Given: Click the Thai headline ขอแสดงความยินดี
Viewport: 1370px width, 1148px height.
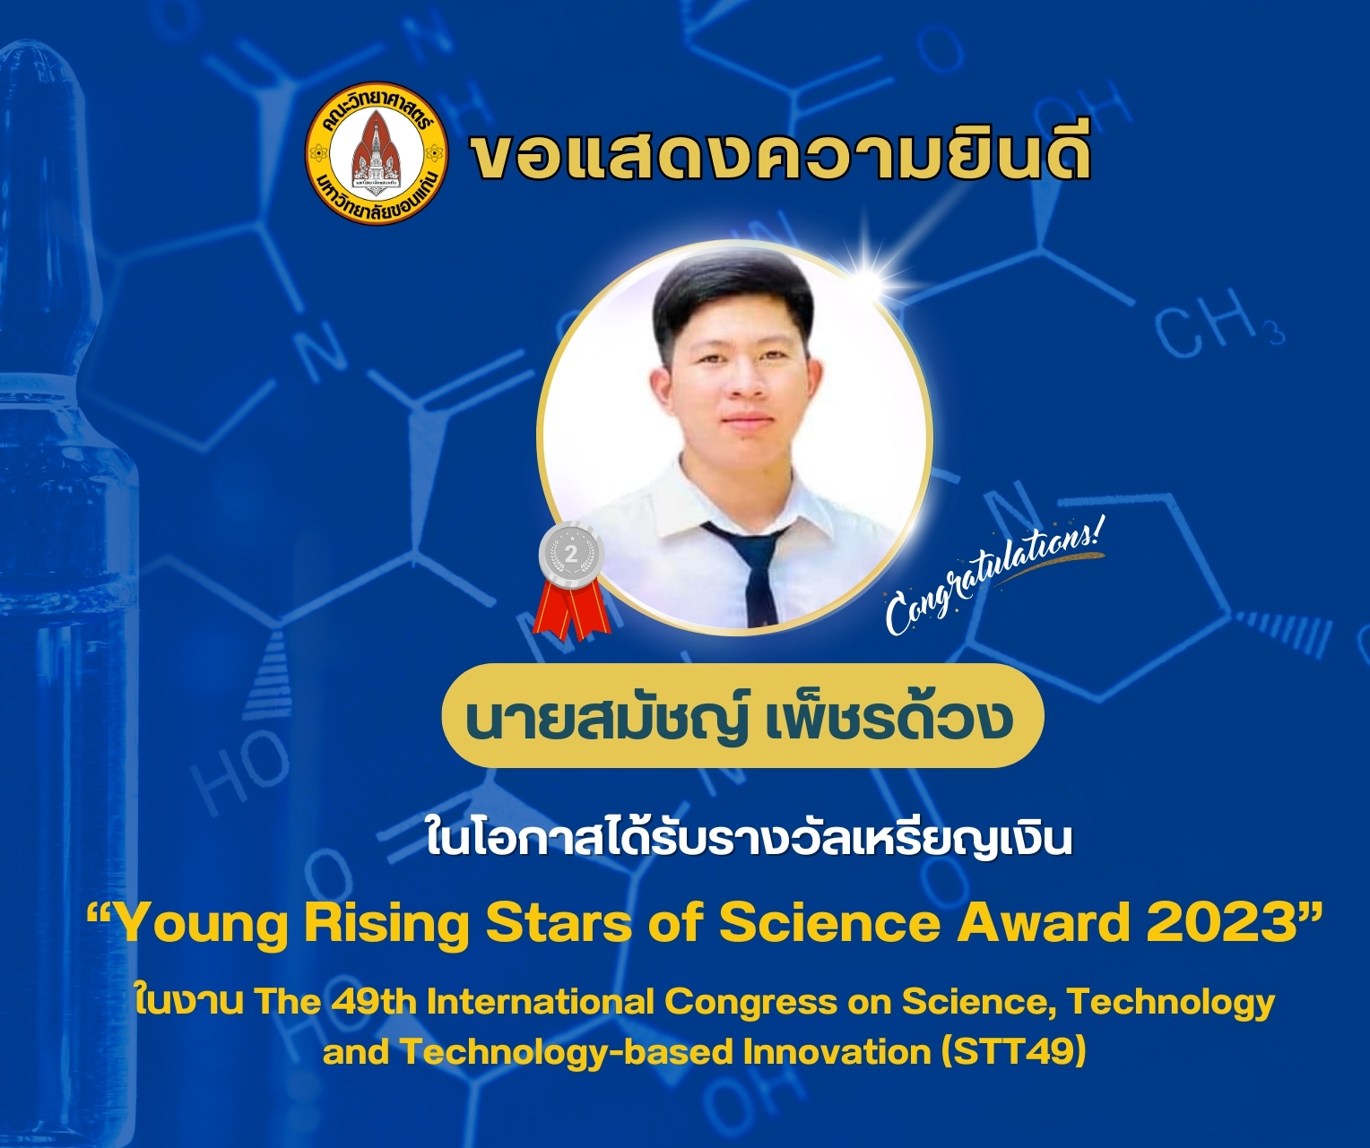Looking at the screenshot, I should (780, 154).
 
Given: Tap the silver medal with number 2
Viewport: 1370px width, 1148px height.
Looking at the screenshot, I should (571, 555).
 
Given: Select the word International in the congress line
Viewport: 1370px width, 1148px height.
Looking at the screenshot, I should (541, 1001).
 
